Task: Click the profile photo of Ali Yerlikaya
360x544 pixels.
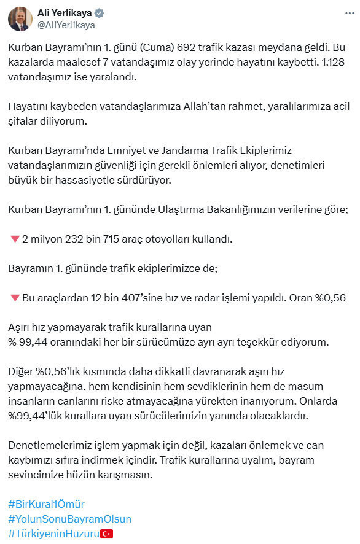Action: (20, 19)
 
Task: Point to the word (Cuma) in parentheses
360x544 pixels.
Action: (157, 47)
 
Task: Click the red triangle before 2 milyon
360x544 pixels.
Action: (15, 239)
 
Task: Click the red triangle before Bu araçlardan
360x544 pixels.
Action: (15, 298)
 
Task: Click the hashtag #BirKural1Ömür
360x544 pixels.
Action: (46, 503)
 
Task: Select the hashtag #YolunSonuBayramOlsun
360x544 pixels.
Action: (69, 519)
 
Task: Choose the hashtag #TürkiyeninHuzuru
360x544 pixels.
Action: (54, 534)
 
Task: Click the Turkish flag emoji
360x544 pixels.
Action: (107, 534)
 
